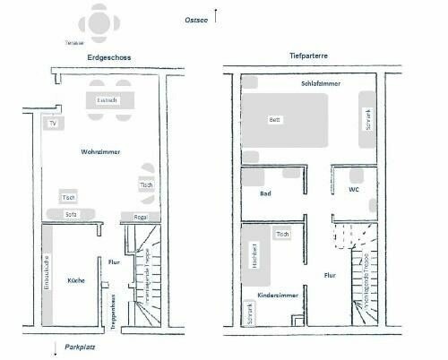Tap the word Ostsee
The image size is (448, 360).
pyautogui.click(x=196, y=19)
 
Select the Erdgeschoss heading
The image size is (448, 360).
pyautogui.click(x=110, y=58)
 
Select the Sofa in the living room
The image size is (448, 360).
pyautogui.click(x=72, y=215)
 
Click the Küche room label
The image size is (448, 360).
pyautogui.click(x=76, y=280)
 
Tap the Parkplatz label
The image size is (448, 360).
pyautogui.click(x=79, y=346)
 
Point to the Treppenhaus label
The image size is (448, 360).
pyautogui.click(x=113, y=313)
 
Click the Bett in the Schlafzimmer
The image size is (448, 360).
pyautogui.click(x=276, y=120)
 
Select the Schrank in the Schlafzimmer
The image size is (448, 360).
pyautogui.click(x=366, y=119)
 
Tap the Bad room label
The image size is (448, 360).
pyautogui.click(x=265, y=193)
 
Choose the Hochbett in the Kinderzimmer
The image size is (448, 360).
pyautogui.click(x=254, y=257)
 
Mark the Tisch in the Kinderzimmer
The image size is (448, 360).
pyautogui.click(x=283, y=234)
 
